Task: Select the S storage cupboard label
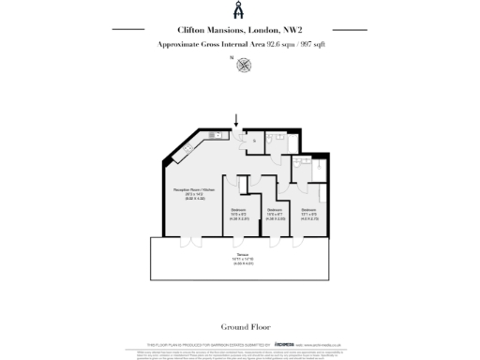pos(252,142)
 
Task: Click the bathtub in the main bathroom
pos(279,136)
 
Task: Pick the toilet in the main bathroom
pos(273,147)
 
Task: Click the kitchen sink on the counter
pos(217,136)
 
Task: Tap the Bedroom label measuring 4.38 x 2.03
pos(274,212)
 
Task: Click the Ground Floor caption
pos(239,327)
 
